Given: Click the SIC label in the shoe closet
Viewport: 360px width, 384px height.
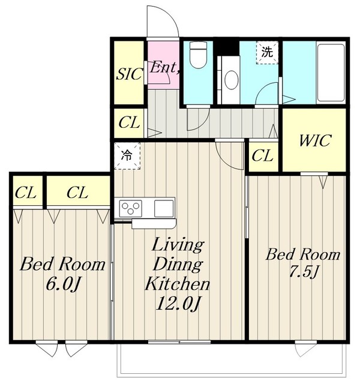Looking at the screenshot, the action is pos(130,74).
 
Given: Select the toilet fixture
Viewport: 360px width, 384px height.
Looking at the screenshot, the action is pos(198,55).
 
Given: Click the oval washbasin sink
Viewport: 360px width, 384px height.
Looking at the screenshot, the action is pos(231,80).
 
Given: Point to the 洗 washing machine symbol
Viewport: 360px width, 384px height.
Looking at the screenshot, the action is pos(267,52).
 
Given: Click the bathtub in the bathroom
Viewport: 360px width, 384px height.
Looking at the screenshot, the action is pos(331,73).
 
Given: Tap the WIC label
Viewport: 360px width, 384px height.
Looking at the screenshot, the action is pos(315,140).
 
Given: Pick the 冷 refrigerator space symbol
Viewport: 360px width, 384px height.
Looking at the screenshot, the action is pos(127,156).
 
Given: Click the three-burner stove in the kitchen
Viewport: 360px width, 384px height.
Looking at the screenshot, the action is pos(131,208).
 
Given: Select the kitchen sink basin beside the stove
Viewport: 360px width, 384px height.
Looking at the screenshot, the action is pos(164,208).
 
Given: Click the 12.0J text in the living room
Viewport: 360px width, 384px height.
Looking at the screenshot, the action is pos(178,304).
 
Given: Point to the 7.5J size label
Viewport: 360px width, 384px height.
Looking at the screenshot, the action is pos(304,272).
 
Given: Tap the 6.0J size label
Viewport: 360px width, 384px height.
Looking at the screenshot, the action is pos(63,284).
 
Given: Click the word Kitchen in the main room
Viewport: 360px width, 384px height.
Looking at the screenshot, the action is pos(178,284).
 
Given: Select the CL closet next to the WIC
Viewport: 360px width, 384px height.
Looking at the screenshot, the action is pos(262,156).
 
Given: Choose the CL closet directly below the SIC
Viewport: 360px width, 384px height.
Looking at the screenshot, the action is pos(129,122).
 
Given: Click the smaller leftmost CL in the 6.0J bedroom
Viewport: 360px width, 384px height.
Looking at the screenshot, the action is pos(26,193).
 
